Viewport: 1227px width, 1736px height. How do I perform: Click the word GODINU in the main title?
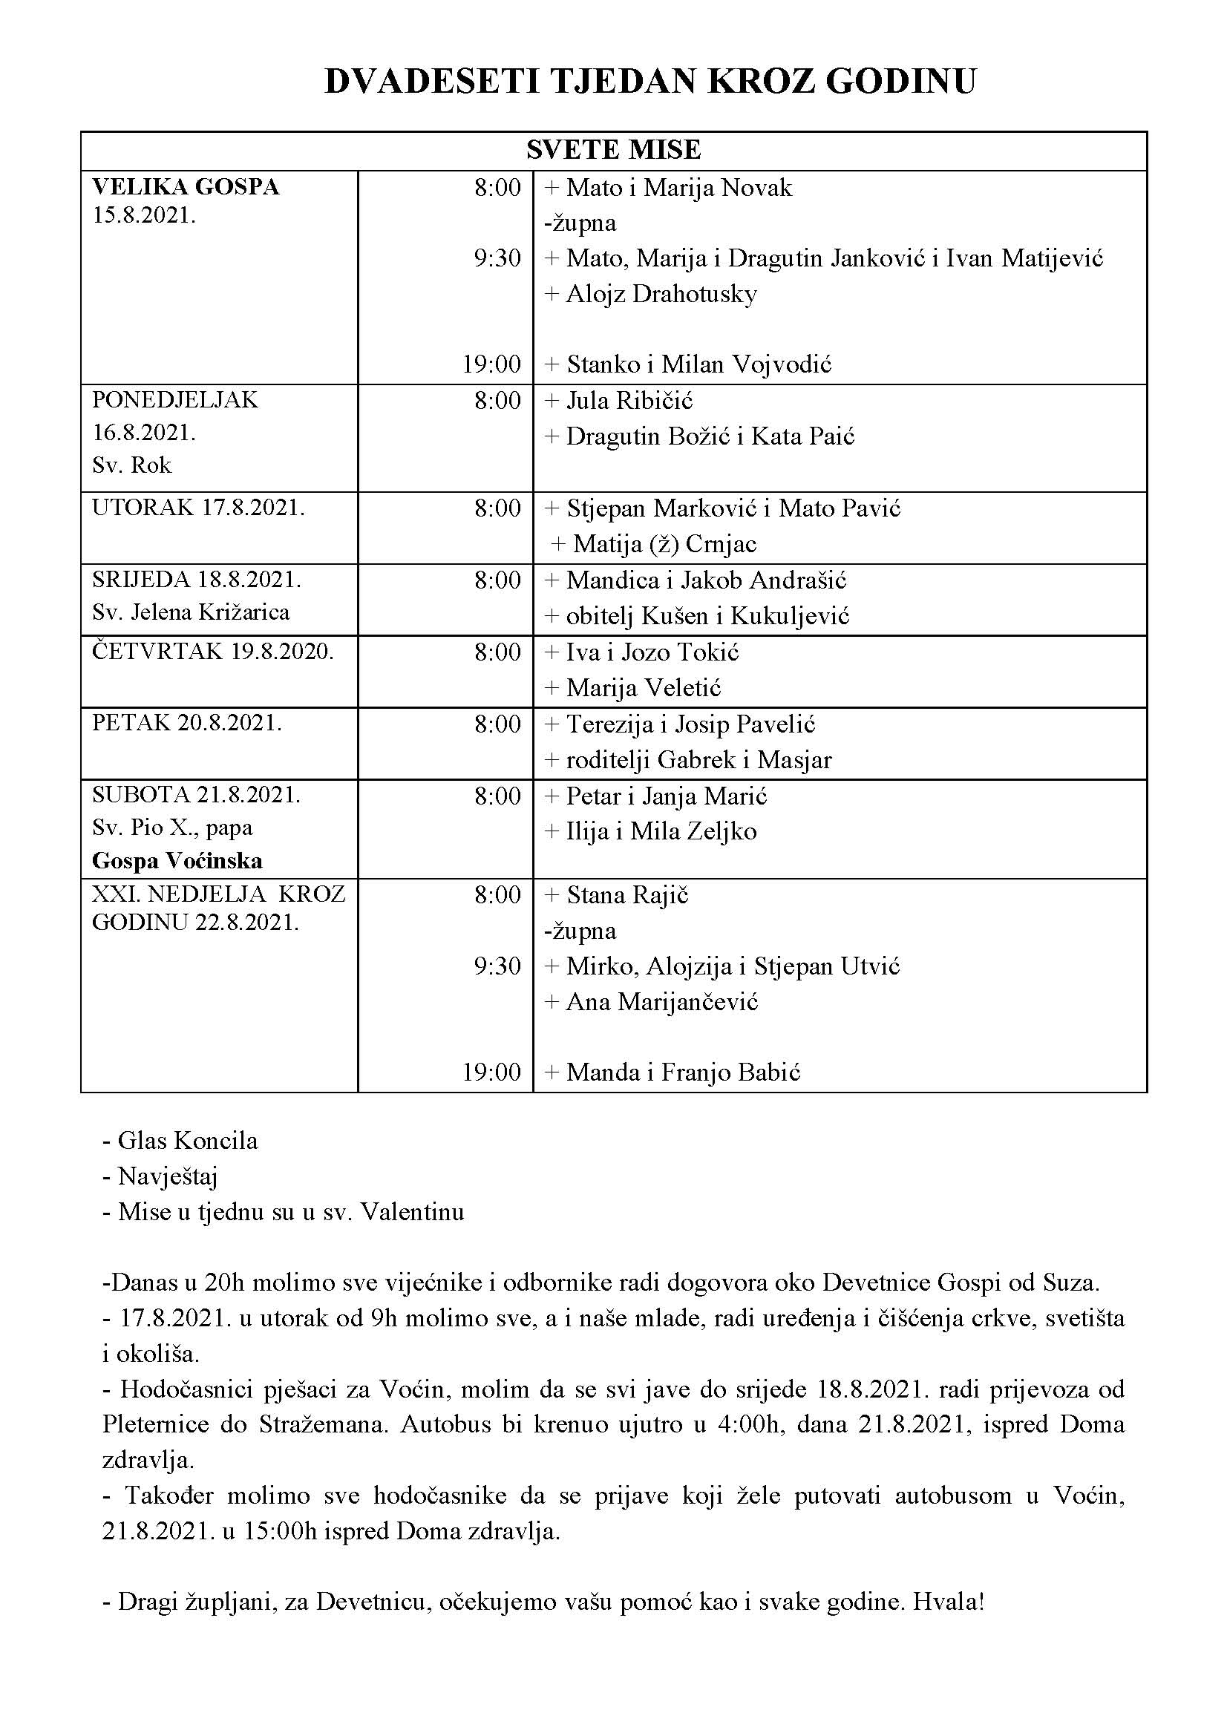pos(900,82)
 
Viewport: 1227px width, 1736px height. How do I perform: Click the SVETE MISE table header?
pos(613,150)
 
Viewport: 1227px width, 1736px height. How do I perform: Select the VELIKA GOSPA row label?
pos(186,187)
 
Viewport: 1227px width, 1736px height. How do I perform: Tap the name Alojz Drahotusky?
pos(661,293)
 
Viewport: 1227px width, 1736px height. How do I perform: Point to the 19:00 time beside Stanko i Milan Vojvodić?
pos(491,364)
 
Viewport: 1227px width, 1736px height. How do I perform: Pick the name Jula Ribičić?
pos(629,400)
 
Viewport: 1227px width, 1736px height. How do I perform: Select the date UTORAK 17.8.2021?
pos(198,508)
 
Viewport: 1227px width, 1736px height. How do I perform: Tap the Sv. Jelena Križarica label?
pos(191,612)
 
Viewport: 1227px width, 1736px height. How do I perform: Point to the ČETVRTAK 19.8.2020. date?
pos(212,651)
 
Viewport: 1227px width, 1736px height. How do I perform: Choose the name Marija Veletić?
pos(644,687)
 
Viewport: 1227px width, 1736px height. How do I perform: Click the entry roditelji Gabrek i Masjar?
pos(698,759)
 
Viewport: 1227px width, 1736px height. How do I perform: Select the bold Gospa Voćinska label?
pos(177,860)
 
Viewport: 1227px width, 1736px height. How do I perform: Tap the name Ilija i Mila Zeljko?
pos(661,831)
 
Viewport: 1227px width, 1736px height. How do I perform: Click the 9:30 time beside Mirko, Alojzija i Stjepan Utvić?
pos(497,966)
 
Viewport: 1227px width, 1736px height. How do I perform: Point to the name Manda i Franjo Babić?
pos(683,1072)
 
